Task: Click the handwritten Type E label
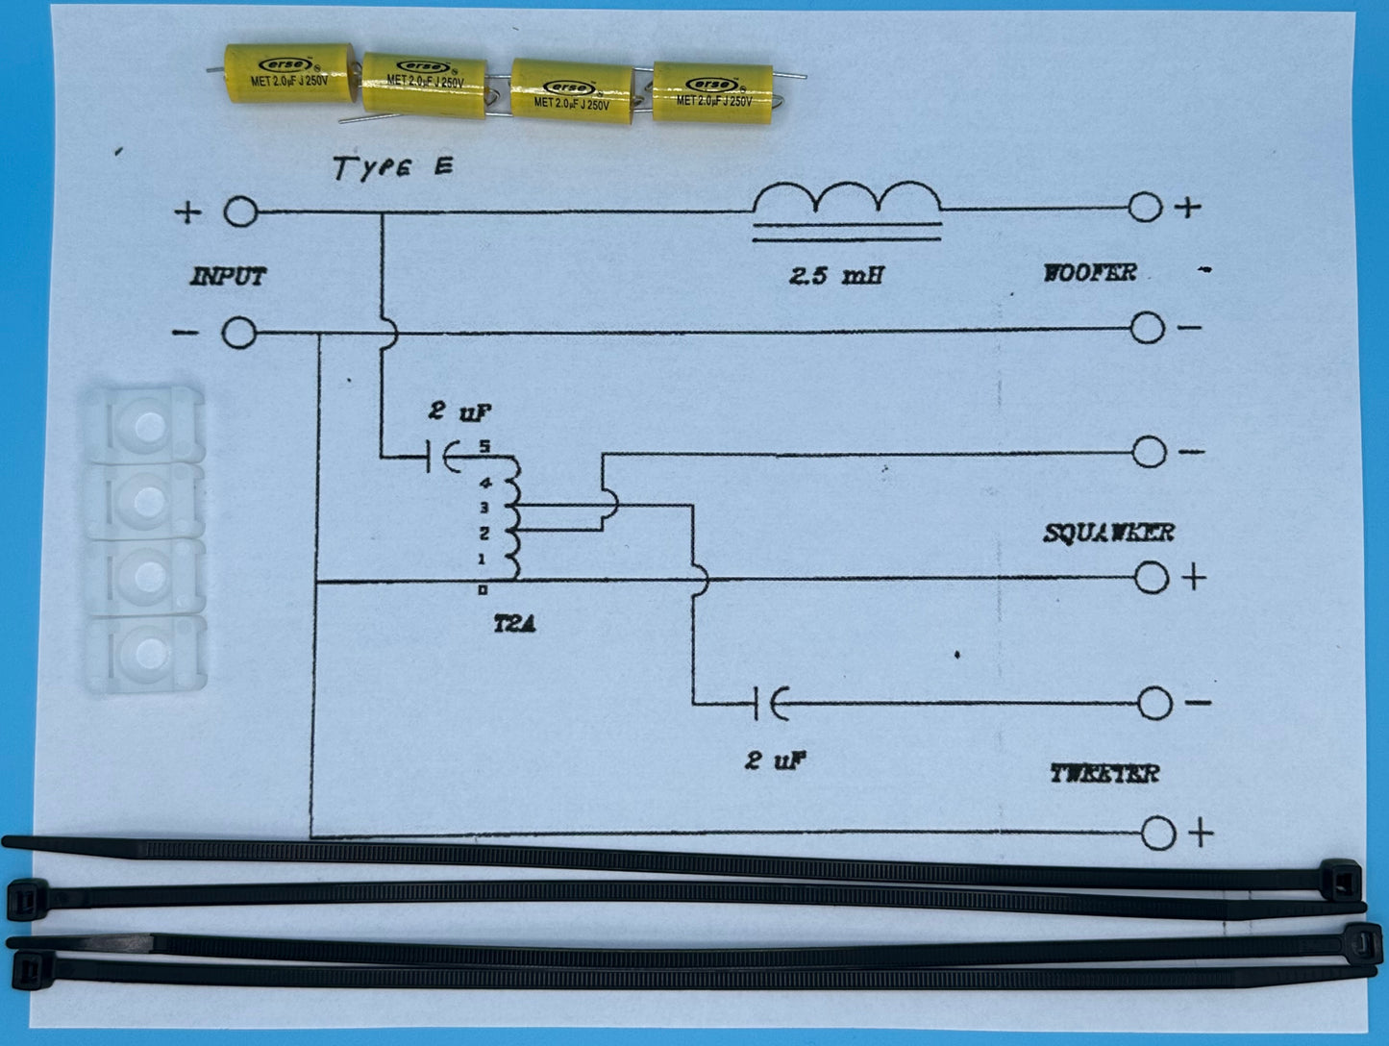(x=392, y=168)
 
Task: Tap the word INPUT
(x=228, y=277)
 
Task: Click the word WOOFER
(x=1089, y=273)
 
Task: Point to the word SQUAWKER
(x=1108, y=533)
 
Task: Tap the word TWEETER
(x=1104, y=773)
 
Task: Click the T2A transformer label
(x=514, y=625)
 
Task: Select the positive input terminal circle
(x=240, y=212)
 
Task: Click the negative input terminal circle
(x=239, y=334)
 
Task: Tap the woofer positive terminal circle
(x=1145, y=207)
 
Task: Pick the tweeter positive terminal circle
(x=1158, y=834)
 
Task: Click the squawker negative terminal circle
(x=1149, y=452)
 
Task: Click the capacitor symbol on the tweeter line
(x=770, y=704)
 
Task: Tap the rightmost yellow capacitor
(x=712, y=92)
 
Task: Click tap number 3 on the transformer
(x=484, y=508)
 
